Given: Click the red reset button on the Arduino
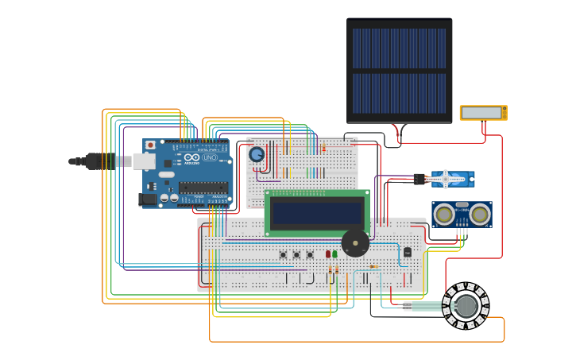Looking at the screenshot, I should pyautogui.click(x=150, y=145).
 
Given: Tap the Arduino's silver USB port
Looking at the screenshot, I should pyautogui.click(x=144, y=161).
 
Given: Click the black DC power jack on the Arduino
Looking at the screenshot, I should pyautogui.click(x=147, y=199).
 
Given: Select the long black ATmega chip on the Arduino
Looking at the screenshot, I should pyautogui.click(x=203, y=188).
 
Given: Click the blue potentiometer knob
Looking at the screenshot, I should pyautogui.click(x=257, y=154).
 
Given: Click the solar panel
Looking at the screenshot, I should pyautogui.click(x=399, y=71).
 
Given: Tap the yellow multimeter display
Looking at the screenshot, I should pyautogui.click(x=482, y=113).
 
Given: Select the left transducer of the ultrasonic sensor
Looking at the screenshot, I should pyautogui.click(x=445, y=214).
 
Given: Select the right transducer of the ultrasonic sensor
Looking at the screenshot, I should pyautogui.click(x=479, y=214).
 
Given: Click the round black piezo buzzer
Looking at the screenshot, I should pyautogui.click(x=355, y=242).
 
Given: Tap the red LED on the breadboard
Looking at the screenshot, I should pyautogui.click(x=327, y=254).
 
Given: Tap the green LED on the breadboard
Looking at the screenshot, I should pyautogui.click(x=335, y=254).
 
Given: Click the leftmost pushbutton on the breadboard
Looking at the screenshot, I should pyautogui.click(x=283, y=255).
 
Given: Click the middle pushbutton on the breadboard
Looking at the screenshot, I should pyautogui.click(x=296, y=255).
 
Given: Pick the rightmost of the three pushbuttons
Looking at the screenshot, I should pyautogui.click(x=310, y=255).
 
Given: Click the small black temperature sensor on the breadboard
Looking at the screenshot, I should pyautogui.click(x=408, y=252).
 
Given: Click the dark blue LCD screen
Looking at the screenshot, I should pyautogui.click(x=317, y=212).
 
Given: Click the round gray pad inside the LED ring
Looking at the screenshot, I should pyautogui.click(x=466, y=305).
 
